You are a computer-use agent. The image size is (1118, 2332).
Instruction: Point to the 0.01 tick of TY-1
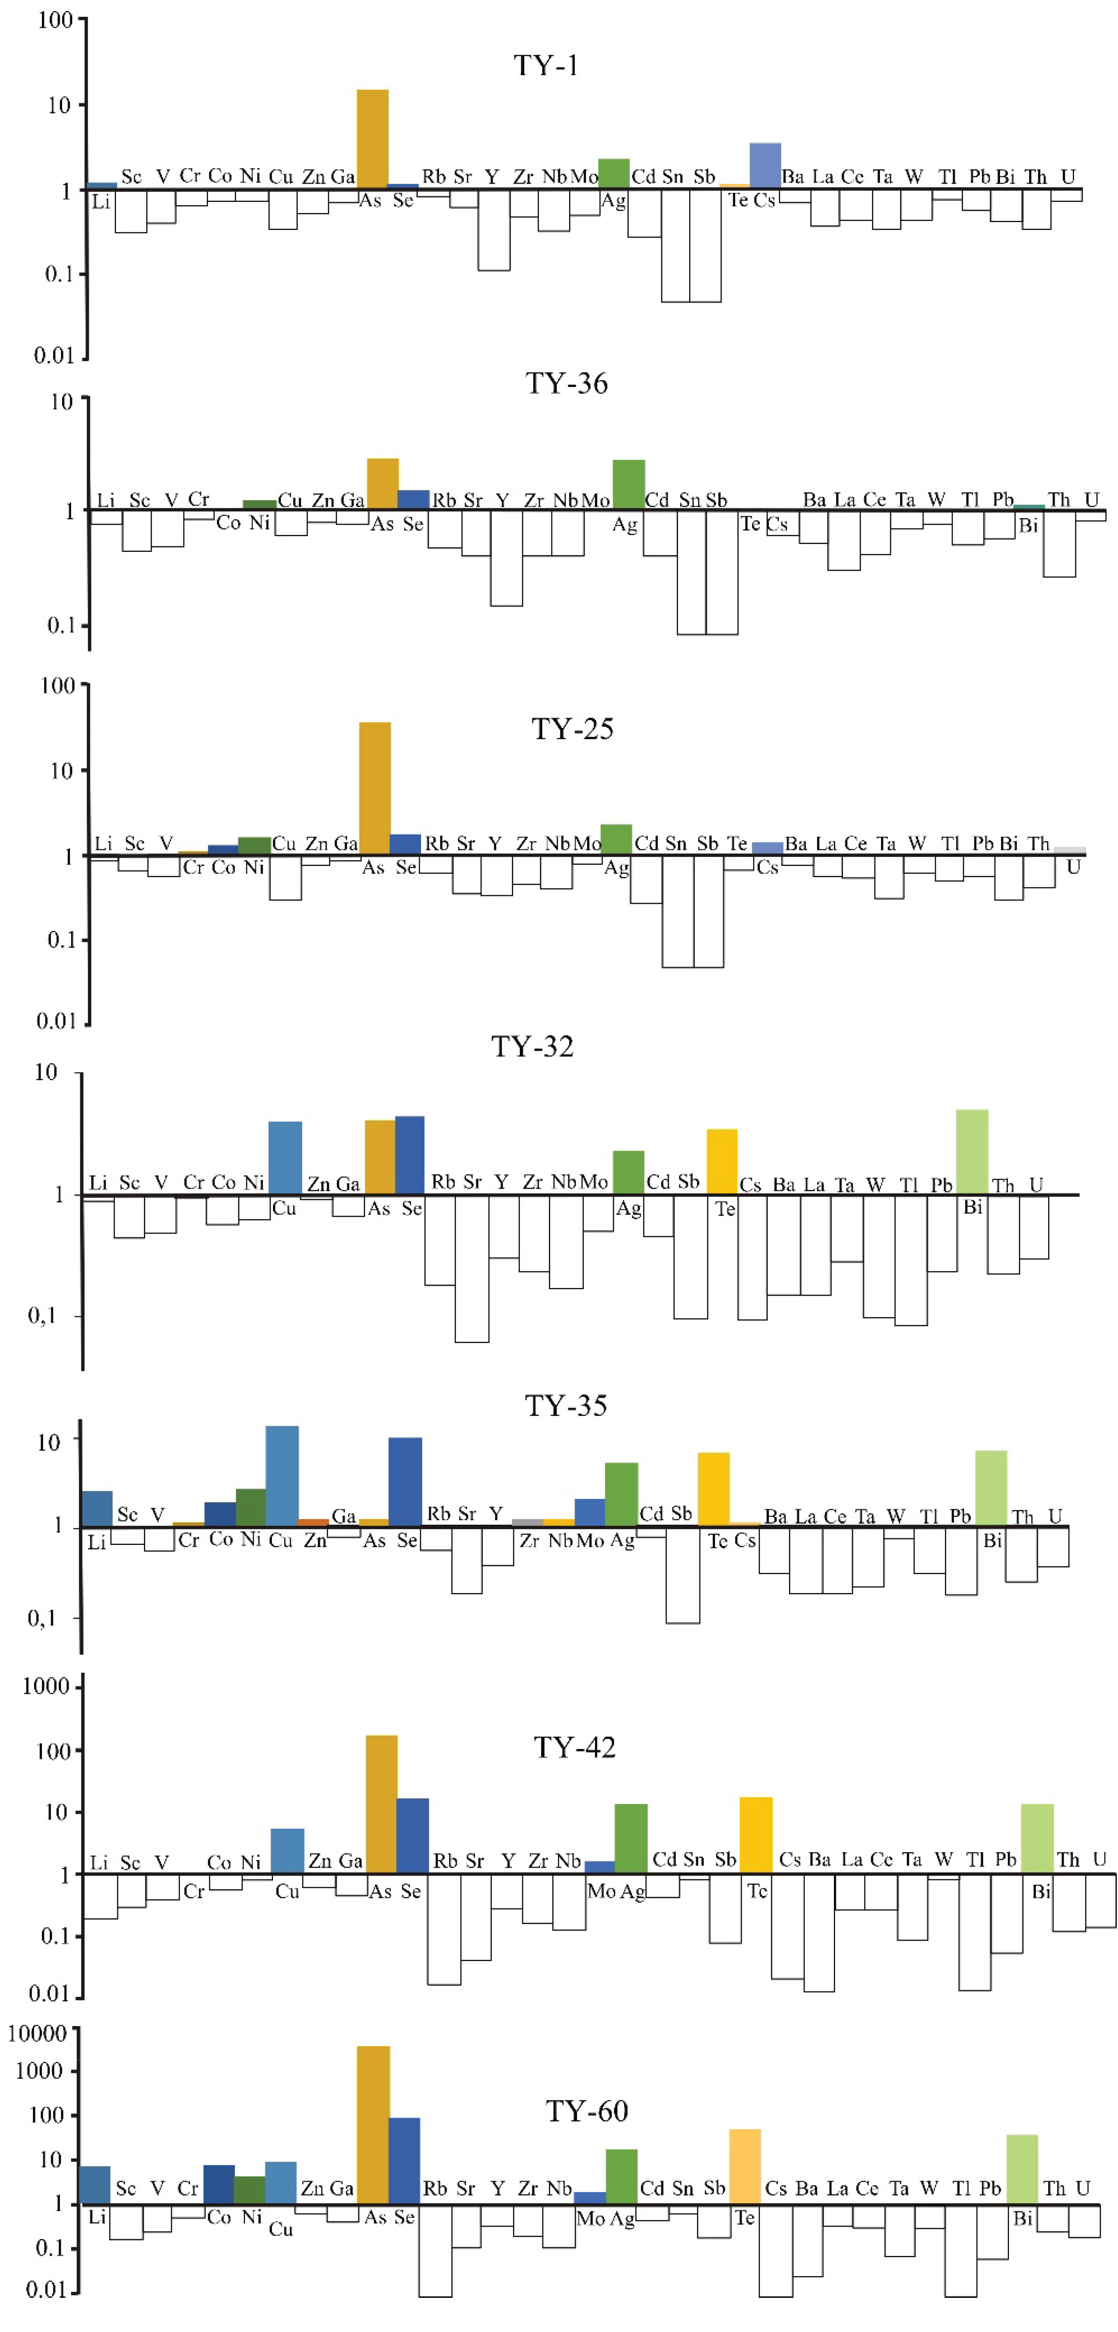(x=54, y=355)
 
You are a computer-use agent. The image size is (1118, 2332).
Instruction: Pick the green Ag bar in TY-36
(x=628, y=484)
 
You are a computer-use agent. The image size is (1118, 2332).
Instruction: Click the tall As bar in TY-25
(x=375, y=787)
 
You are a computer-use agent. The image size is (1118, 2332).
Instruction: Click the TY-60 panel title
(x=587, y=2111)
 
